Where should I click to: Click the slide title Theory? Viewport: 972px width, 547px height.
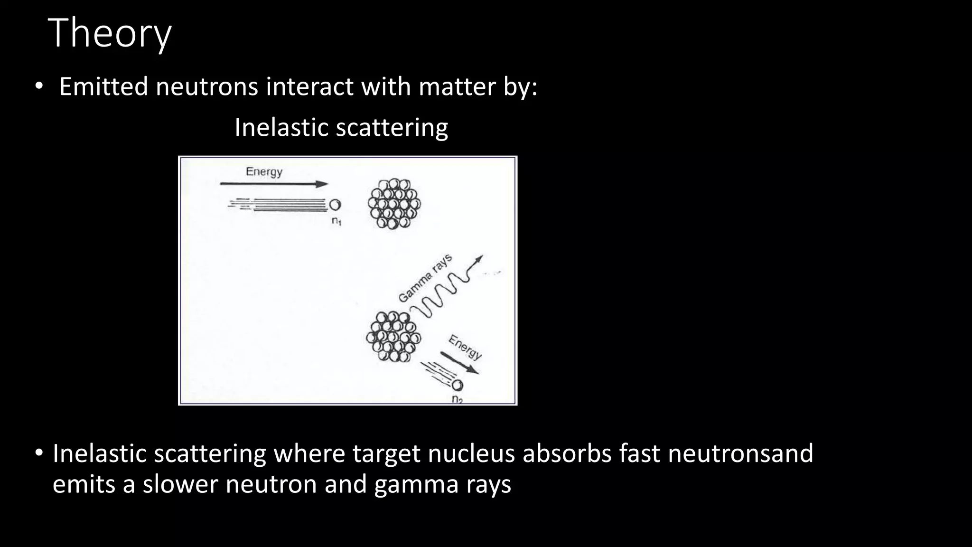tap(110, 33)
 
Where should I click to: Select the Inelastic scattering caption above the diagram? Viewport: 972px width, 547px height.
tap(341, 128)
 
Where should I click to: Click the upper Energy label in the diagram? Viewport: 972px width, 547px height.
tap(264, 171)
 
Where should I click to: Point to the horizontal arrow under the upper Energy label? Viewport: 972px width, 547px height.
tap(274, 184)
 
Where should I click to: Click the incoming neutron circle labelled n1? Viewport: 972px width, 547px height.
tap(335, 205)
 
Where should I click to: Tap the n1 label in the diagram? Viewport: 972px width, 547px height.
tap(336, 221)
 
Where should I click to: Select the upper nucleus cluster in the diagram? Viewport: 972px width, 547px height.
tap(394, 204)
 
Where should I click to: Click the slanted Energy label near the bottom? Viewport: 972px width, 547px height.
tap(465, 347)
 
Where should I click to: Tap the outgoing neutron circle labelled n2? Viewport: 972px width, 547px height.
tap(458, 385)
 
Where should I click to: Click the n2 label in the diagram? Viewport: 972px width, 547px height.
tap(457, 399)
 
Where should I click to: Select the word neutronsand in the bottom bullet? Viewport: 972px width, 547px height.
tap(740, 453)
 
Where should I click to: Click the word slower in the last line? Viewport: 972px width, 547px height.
tap(180, 485)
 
